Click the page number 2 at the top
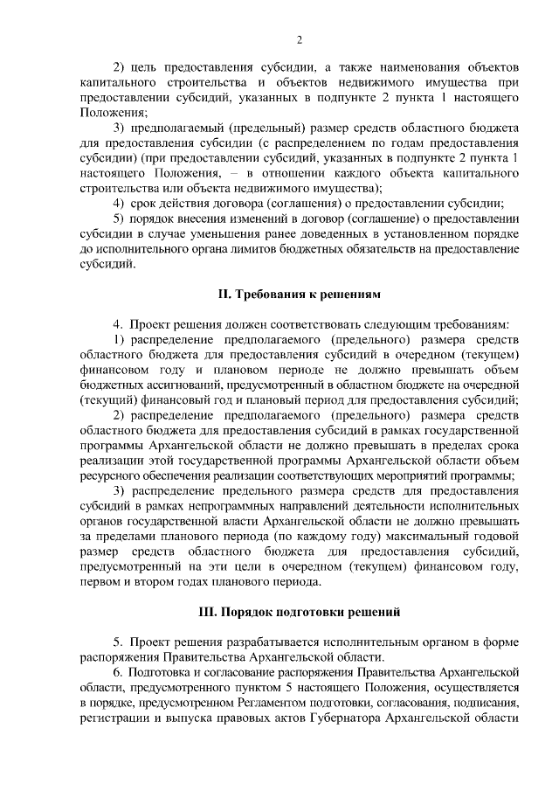(300, 39)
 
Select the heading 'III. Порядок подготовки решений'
(299, 609)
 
